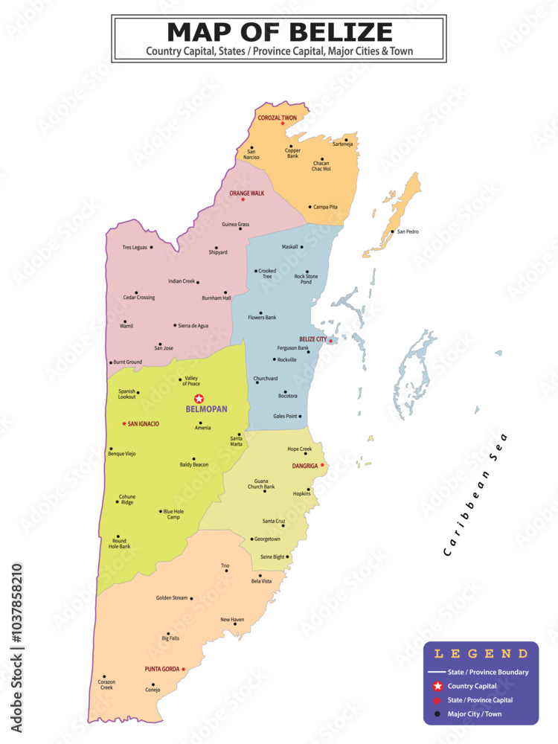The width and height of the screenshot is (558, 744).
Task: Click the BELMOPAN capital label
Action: coord(206,409)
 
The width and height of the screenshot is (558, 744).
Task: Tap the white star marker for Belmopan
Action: coord(199,399)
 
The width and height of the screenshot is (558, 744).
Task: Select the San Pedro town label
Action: coord(408,231)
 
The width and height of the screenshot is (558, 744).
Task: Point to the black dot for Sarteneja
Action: coord(346,139)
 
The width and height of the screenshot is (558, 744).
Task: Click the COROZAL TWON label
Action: coord(277,118)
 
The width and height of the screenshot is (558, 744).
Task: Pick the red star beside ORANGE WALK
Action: coord(243,199)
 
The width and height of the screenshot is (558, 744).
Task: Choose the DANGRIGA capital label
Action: coord(304,466)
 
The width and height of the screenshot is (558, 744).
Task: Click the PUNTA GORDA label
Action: coord(161,669)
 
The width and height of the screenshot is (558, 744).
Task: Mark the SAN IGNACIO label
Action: coord(144,424)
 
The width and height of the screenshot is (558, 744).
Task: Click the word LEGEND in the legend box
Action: coord(481,654)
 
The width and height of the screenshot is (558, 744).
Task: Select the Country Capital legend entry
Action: coord(472,686)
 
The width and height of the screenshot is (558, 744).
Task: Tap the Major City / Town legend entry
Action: coord(475,714)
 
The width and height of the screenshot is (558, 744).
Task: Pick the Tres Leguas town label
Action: coord(135,247)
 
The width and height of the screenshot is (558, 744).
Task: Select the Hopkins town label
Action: coord(302,493)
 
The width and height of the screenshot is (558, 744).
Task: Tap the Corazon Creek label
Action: coord(106,684)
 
